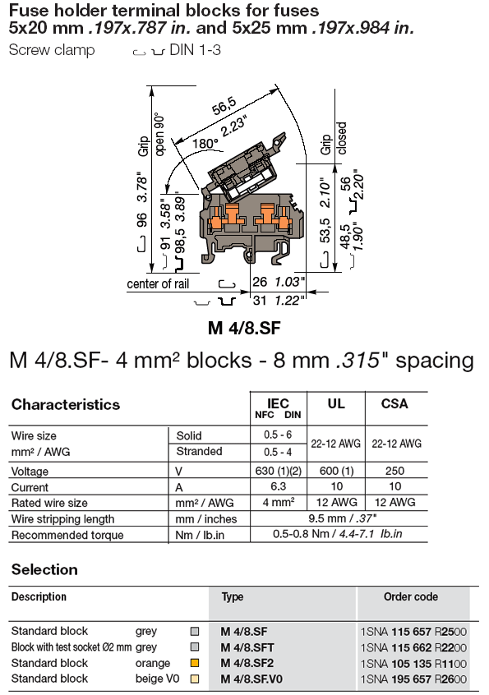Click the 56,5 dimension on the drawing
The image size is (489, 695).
tap(224, 106)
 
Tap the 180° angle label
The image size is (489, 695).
tap(205, 142)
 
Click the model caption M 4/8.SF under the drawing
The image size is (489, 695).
tap(244, 328)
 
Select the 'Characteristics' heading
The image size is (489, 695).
tap(66, 404)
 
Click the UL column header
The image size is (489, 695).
tap(336, 403)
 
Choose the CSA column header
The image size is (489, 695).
tap(394, 403)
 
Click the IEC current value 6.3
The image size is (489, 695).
tap(279, 487)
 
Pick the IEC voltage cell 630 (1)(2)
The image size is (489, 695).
tap(279, 472)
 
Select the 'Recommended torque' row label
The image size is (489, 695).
tap(67, 535)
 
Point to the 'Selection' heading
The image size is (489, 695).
tap(44, 569)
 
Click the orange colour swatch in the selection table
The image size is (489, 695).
tap(195, 663)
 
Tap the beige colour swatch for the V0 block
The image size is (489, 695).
tap(195, 679)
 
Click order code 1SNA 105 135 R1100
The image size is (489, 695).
tap(413, 663)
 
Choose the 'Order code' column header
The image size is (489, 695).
tap(411, 597)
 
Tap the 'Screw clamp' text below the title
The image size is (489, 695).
tap(52, 50)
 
